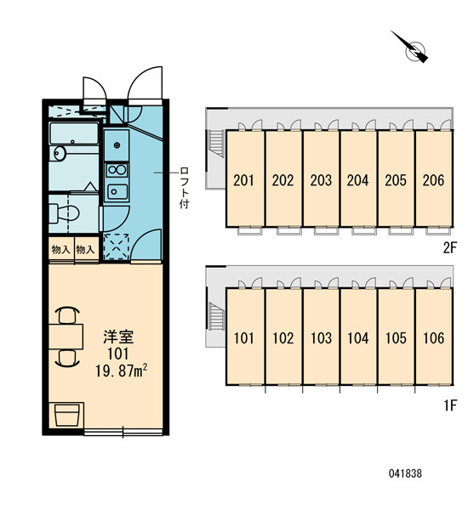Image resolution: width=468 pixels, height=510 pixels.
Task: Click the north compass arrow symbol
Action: tap(411, 48)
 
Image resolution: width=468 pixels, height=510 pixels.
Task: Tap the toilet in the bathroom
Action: tap(65, 213)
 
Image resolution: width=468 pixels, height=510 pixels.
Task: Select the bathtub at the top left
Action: tap(74, 133)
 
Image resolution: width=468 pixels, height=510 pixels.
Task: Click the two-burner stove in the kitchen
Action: tap(117, 170)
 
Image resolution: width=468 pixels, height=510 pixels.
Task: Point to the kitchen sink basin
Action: tap(117, 191)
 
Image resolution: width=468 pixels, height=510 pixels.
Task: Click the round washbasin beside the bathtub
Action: tap(60, 153)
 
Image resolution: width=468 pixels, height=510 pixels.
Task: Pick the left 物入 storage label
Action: tap(61, 250)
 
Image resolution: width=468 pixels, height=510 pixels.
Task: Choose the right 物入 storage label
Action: tap(85, 250)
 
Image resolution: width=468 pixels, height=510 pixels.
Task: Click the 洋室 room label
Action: tap(118, 337)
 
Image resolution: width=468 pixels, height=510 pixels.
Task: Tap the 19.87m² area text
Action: tap(122, 371)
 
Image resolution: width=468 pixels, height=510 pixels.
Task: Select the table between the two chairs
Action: tap(66, 337)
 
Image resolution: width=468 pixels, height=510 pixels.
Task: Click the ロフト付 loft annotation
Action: tap(184, 188)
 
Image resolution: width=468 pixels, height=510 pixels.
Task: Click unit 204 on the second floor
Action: tap(357, 180)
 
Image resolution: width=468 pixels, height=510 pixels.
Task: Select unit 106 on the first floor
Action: tap(433, 338)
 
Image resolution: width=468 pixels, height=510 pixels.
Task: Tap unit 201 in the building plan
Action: tap(243, 180)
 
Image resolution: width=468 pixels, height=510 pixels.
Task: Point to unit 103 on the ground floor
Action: tap(321, 338)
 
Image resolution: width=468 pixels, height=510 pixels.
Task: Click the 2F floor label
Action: tap(450, 248)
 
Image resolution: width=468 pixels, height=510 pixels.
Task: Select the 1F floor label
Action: tap(450, 405)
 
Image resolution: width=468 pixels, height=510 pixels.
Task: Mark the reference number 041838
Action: tap(405, 473)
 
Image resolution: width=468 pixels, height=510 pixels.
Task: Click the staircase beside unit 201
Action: tap(216, 144)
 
